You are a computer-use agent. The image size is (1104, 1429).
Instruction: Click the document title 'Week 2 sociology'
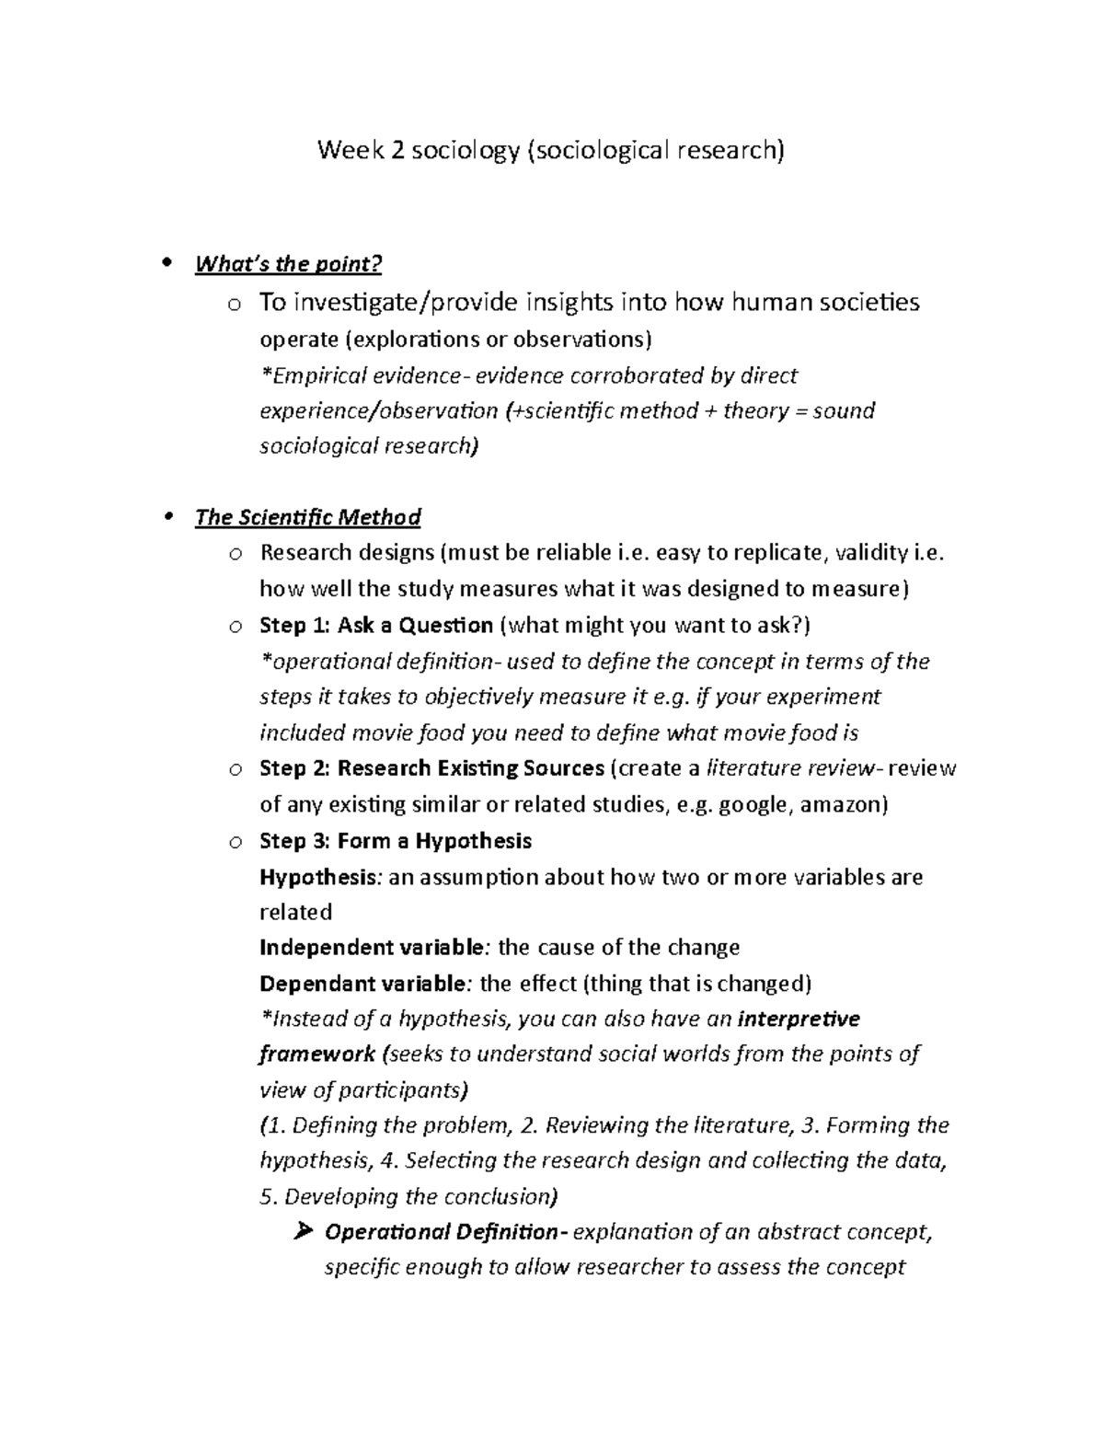(x=420, y=150)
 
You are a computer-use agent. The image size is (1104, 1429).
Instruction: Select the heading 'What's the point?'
(x=287, y=264)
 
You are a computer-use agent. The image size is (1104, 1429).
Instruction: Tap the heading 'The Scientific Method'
(x=307, y=517)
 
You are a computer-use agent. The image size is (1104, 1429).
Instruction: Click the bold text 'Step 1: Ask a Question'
(x=376, y=626)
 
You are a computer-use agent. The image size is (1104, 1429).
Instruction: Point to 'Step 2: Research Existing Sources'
(x=431, y=768)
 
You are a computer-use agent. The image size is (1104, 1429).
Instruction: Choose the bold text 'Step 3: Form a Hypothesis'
(x=396, y=840)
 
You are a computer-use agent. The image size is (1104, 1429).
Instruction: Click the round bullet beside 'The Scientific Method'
(x=167, y=516)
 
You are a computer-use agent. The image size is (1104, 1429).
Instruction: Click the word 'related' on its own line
(x=295, y=912)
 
